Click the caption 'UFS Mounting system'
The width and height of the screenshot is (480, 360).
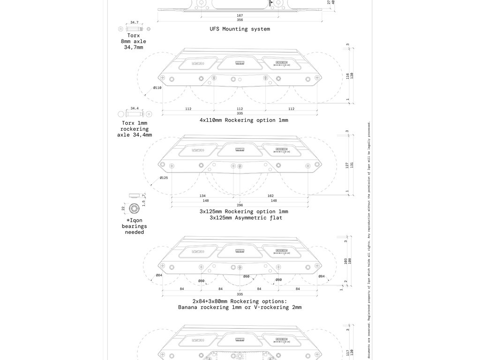[240, 29]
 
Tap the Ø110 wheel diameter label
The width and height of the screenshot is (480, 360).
[157, 88]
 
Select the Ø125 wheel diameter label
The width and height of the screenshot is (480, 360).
[164, 178]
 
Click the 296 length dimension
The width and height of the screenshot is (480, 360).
[240, 205]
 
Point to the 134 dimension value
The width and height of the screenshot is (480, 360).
[202, 195]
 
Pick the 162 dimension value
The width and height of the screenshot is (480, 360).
[270, 195]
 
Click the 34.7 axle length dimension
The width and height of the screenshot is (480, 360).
[134, 22]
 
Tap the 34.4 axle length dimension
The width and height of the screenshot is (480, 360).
[134, 108]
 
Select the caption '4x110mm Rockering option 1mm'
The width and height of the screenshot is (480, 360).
[244, 120]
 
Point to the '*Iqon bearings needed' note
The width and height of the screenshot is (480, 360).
[135, 226]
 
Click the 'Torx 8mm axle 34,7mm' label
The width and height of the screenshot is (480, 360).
[134, 41]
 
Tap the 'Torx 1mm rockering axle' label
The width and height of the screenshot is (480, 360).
[135, 129]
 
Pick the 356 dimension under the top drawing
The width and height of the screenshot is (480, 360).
[240, 20]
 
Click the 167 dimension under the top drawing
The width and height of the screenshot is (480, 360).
[240, 15]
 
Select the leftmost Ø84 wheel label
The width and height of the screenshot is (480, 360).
[159, 276]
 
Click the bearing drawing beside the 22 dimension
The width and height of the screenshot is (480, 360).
[134, 208]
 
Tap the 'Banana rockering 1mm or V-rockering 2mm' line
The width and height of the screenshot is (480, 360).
[240, 307]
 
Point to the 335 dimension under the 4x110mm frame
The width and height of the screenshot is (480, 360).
[240, 113]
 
